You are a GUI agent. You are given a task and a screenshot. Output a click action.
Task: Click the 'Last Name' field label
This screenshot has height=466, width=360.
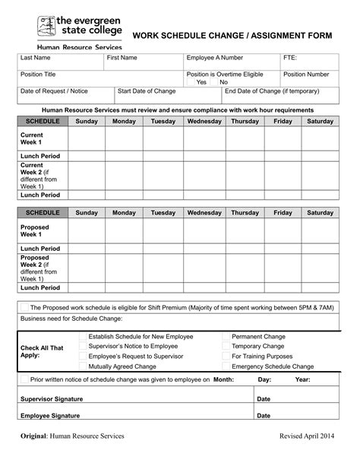point(35,58)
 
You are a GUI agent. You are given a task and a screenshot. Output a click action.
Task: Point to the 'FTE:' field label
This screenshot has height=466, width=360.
point(291,58)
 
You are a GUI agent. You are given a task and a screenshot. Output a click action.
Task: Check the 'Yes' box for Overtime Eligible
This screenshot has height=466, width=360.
point(191,82)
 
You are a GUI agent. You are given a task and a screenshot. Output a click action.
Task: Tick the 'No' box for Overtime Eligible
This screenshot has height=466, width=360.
point(215,82)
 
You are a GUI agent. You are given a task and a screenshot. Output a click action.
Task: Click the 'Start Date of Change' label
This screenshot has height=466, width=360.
point(147,91)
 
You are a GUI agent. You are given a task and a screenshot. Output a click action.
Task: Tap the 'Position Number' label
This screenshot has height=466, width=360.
point(306,74)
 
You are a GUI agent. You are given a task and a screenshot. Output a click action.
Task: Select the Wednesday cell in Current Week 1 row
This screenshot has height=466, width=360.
point(204,139)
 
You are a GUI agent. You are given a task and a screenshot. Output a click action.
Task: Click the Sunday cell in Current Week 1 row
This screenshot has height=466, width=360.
point(87,139)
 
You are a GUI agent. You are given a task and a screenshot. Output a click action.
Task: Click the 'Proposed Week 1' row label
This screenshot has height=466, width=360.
point(35,231)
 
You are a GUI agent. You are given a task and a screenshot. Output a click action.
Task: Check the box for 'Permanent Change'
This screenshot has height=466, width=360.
point(226,335)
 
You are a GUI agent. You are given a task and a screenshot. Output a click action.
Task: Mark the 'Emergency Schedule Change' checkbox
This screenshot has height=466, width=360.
point(226,366)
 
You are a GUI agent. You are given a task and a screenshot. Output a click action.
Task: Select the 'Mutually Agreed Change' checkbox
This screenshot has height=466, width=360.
point(82,366)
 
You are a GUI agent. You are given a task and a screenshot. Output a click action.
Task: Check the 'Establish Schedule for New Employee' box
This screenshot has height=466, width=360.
point(82,335)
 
